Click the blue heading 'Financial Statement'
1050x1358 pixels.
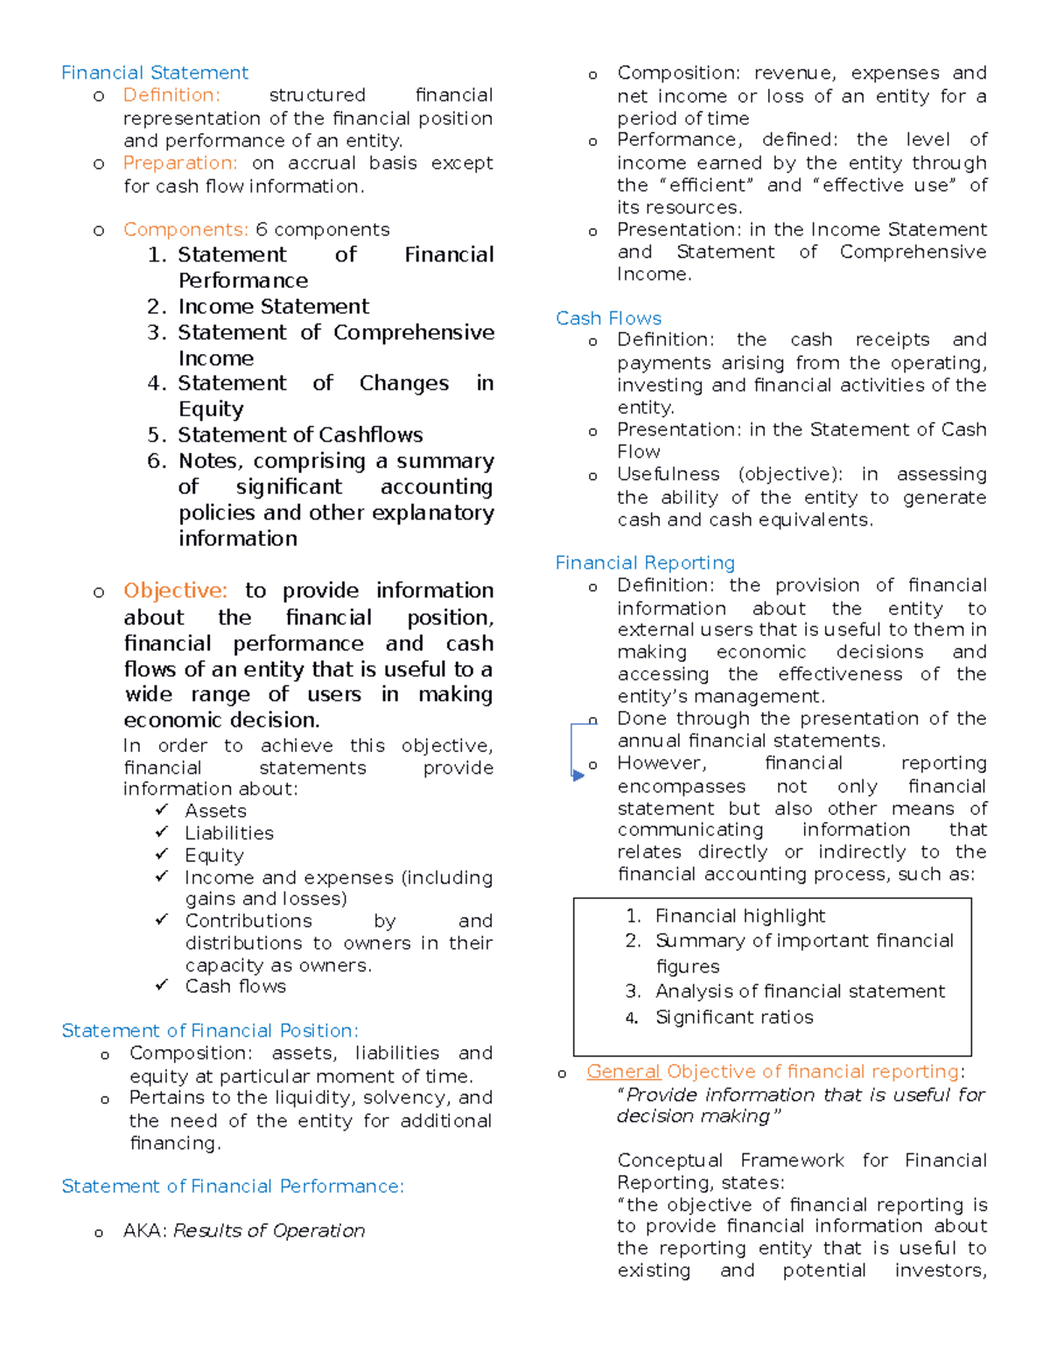click(154, 73)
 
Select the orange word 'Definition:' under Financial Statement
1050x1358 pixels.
click(171, 95)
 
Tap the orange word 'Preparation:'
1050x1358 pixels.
click(179, 164)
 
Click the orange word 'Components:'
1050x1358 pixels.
click(185, 230)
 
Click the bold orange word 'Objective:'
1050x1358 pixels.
click(175, 591)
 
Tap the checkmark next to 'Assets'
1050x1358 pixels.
click(162, 810)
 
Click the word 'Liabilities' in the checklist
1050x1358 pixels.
click(228, 833)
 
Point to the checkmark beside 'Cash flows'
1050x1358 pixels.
click(162, 985)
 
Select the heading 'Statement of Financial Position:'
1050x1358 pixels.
click(210, 1031)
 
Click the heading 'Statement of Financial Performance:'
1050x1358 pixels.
click(233, 1187)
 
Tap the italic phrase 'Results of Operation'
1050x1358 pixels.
click(269, 1231)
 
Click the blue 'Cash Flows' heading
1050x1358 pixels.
click(608, 318)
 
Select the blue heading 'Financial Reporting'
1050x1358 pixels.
click(645, 563)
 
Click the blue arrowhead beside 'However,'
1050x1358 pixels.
click(577, 775)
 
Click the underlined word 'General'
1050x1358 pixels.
click(623, 1072)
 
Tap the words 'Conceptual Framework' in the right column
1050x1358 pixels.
click(730, 1160)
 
